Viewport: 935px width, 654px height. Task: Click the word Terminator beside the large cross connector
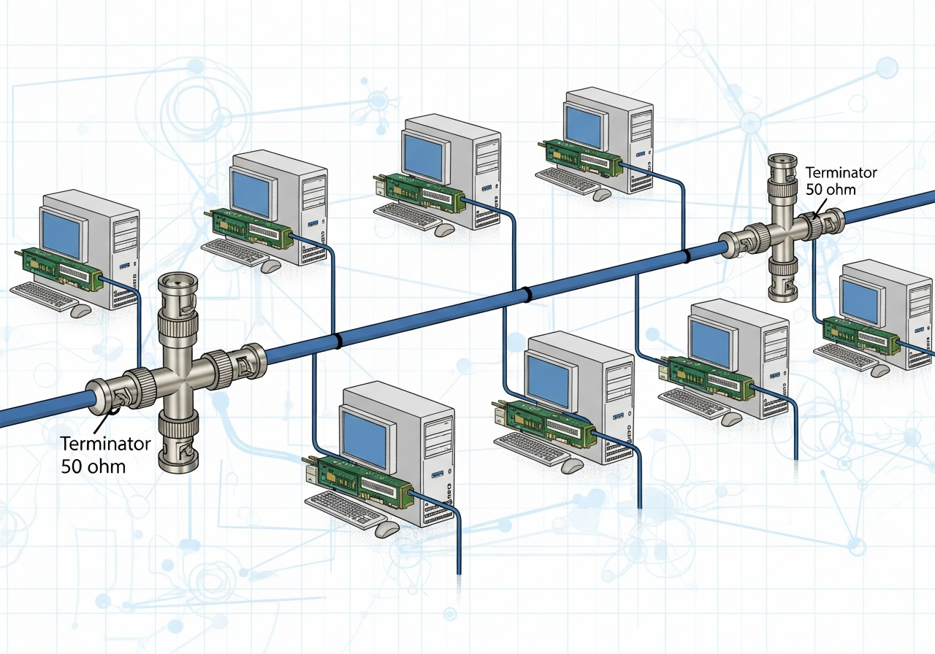pos(106,444)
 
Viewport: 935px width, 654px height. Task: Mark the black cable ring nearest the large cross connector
pos(337,342)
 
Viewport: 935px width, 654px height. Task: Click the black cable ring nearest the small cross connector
pos(686,256)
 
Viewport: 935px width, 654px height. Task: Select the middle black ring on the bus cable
pos(525,294)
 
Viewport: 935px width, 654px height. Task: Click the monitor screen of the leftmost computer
pos(61,232)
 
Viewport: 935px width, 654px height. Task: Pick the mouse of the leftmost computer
pos(81,310)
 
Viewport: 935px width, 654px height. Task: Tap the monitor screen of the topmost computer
pos(584,120)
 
